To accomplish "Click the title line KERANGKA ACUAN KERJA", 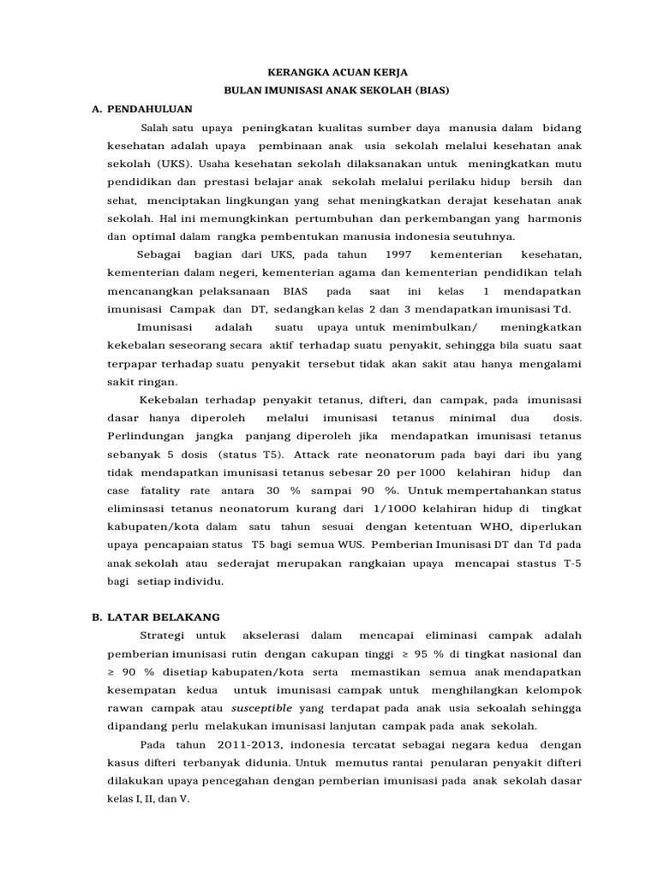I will click(329, 74).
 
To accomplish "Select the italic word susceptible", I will click(262, 708).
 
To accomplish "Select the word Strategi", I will click(163, 635).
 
